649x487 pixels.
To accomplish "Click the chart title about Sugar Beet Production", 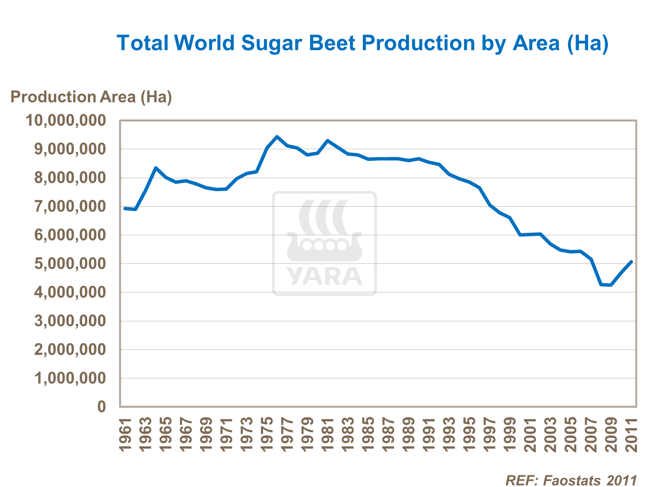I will (x=363, y=43).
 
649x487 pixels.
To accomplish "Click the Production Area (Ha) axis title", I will (x=91, y=97).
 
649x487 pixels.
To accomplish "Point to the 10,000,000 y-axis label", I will (x=66, y=120).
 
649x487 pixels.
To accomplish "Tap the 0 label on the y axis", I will (x=102, y=407).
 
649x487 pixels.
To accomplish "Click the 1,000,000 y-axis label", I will (x=70, y=378).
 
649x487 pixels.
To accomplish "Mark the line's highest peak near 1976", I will (x=277, y=137).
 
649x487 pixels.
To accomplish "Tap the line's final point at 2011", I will (x=632, y=262).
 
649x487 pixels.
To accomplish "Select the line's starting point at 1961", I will (x=125, y=208).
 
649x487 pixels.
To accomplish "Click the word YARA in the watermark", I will (x=324, y=276).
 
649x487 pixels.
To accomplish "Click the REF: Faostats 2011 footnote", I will (x=571, y=480).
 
